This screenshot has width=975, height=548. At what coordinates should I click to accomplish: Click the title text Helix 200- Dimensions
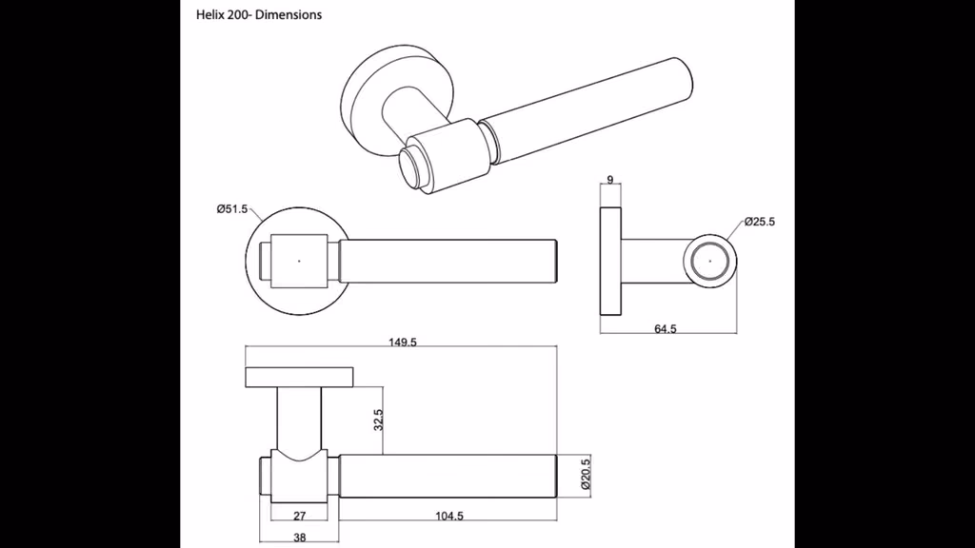click(259, 15)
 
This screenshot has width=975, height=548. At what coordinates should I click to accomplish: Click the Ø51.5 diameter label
click(232, 209)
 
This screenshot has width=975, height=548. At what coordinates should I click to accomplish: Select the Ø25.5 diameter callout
click(759, 222)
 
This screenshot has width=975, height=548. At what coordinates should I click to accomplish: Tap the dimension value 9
click(610, 180)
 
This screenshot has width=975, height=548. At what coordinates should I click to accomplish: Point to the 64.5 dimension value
click(666, 328)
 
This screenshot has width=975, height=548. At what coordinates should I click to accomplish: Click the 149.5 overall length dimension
click(403, 342)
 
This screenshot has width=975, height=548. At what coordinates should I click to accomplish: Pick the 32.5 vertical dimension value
click(378, 420)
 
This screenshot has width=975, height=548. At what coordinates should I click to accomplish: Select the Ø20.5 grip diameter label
click(586, 475)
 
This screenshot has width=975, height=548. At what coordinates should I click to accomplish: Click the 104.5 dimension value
click(449, 516)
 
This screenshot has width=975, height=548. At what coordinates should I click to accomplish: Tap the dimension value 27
click(300, 516)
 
